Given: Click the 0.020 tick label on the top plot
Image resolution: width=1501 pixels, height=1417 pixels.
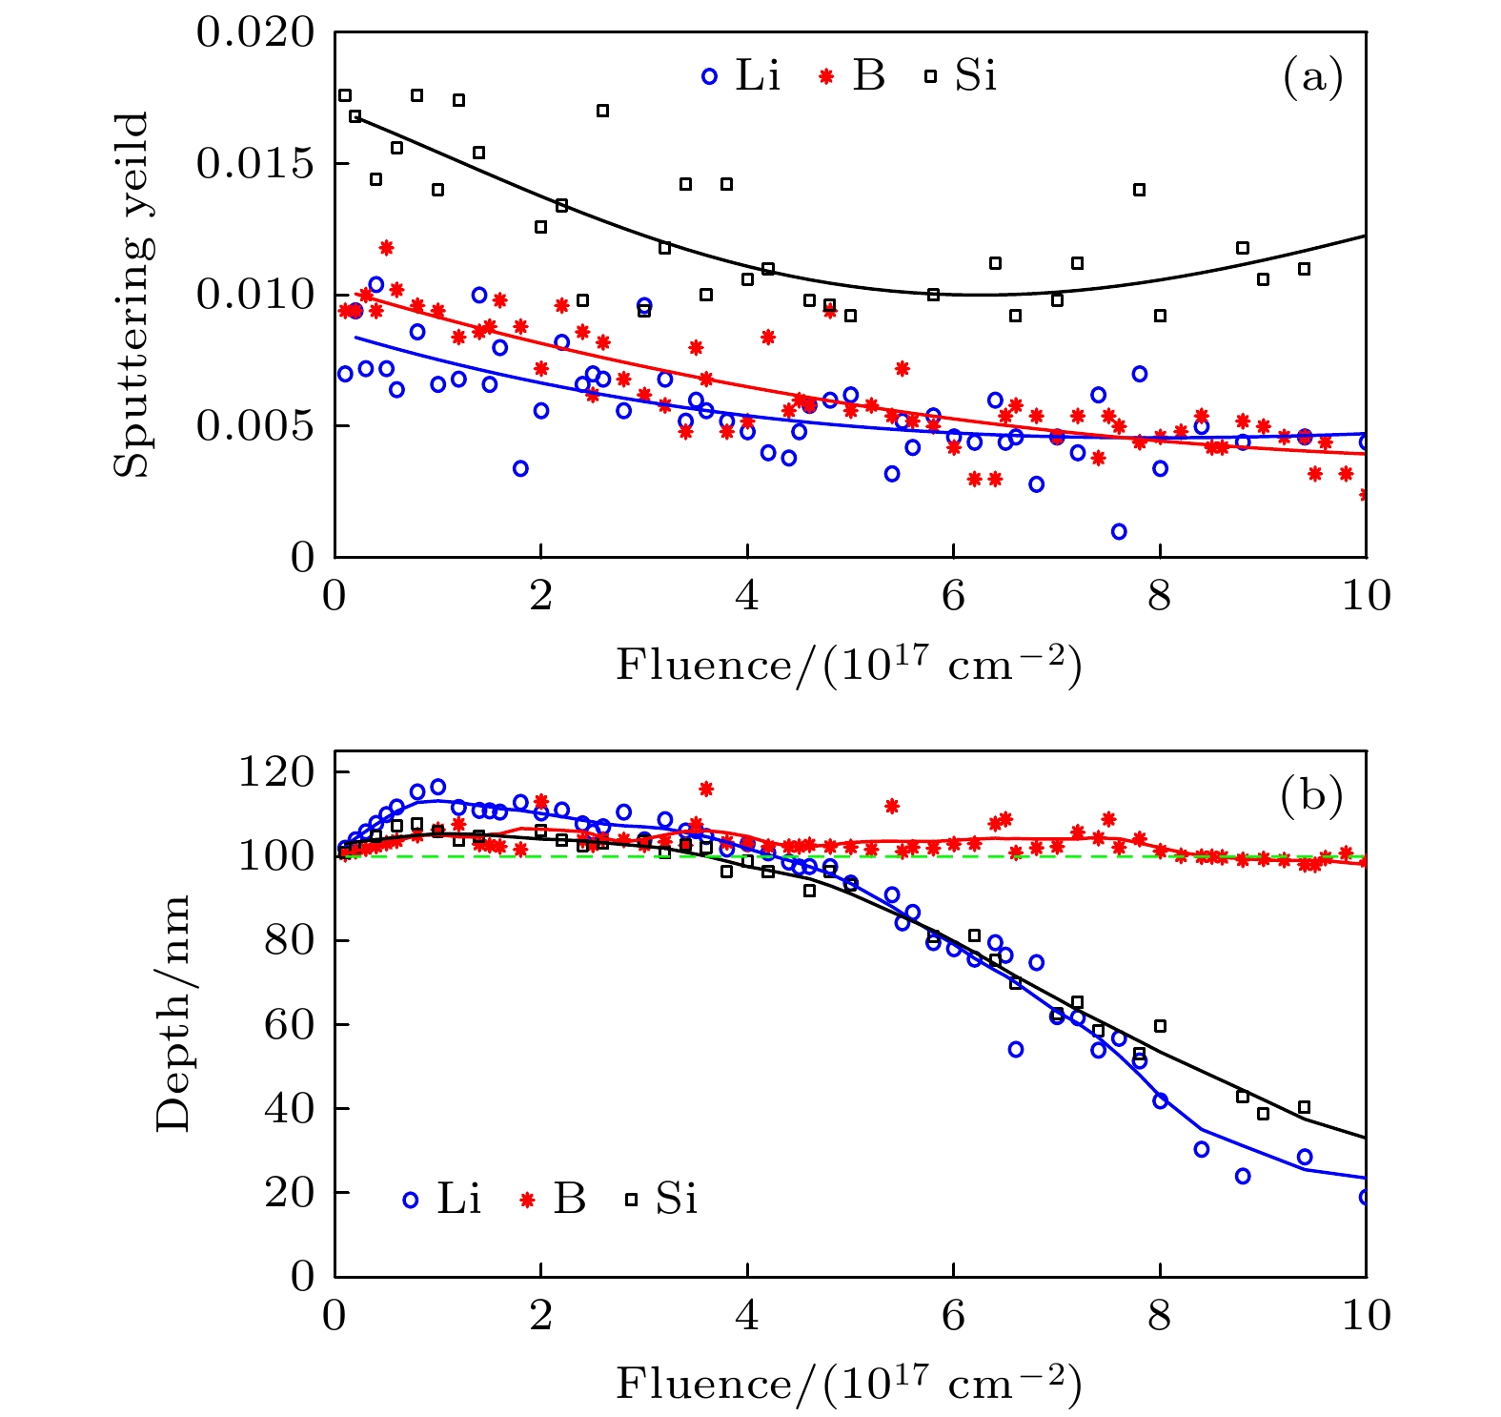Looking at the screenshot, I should [x=254, y=32].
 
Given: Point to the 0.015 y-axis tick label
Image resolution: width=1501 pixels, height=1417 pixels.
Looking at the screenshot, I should [x=254, y=164].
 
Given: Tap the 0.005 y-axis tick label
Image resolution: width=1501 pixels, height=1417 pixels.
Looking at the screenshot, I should [x=254, y=426].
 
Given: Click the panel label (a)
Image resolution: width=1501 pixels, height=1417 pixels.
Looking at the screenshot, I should [x=1312, y=76].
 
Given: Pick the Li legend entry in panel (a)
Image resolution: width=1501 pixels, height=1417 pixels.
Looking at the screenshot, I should [x=742, y=75].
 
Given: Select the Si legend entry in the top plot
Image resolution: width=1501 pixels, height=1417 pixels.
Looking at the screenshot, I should [x=961, y=75].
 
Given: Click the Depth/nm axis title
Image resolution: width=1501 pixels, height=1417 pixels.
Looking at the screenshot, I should [x=172, y=1013].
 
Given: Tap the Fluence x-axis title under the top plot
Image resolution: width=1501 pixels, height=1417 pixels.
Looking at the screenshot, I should [x=848, y=665].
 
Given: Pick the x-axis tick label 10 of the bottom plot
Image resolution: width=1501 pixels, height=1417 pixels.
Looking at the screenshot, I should [x=1366, y=1317].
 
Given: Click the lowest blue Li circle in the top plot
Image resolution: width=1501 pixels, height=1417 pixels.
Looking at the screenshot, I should [x=1119, y=531].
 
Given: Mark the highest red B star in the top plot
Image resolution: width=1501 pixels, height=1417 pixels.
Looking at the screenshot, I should [x=386, y=248].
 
